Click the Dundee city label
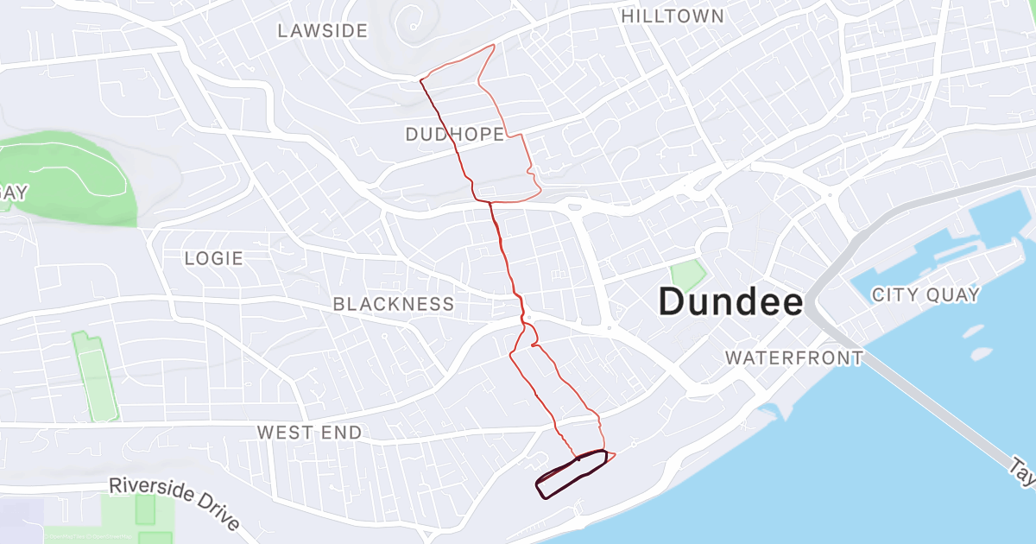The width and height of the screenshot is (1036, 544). tap(730, 302)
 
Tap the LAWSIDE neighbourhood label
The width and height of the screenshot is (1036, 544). tap(322, 31)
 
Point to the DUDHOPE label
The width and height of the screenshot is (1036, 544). tap(454, 134)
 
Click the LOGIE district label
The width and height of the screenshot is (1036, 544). tap(213, 258)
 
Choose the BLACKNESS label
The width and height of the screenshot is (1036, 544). tap(393, 304)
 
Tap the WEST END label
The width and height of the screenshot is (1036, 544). tap(309, 433)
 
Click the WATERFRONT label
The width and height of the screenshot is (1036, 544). tap(793, 357)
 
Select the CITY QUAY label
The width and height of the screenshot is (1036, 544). tap(925, 294)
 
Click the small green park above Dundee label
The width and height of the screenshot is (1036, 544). tap(687, 275)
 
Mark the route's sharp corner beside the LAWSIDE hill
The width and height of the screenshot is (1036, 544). tap(420, 79)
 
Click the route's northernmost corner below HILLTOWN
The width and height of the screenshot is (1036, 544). tap(493, 45)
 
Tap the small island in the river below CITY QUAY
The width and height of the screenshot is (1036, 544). tap(975, 331)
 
